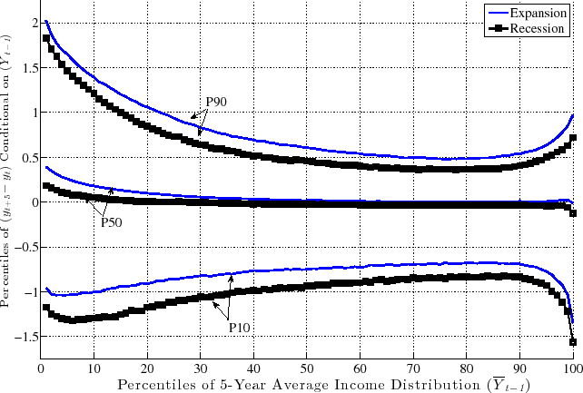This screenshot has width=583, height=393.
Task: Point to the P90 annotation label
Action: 216,102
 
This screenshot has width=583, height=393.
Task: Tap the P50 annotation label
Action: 111,221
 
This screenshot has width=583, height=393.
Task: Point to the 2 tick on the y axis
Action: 31,23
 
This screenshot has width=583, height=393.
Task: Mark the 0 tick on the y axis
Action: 31,202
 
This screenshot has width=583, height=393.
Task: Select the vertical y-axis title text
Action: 8,182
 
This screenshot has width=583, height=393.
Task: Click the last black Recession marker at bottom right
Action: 574,341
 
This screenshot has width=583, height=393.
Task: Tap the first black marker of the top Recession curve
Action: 46,38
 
